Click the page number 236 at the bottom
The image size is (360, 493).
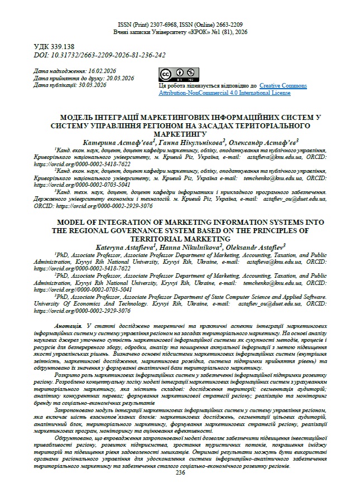pyautogui.click(x=180, y=472)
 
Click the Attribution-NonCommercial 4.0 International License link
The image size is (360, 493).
pyautogui.click(x=224, y=93)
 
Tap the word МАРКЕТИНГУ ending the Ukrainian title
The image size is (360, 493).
pyautogui.click(x=180, y=134)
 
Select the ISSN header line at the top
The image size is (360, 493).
pyautogui.click(x=180, y=26)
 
